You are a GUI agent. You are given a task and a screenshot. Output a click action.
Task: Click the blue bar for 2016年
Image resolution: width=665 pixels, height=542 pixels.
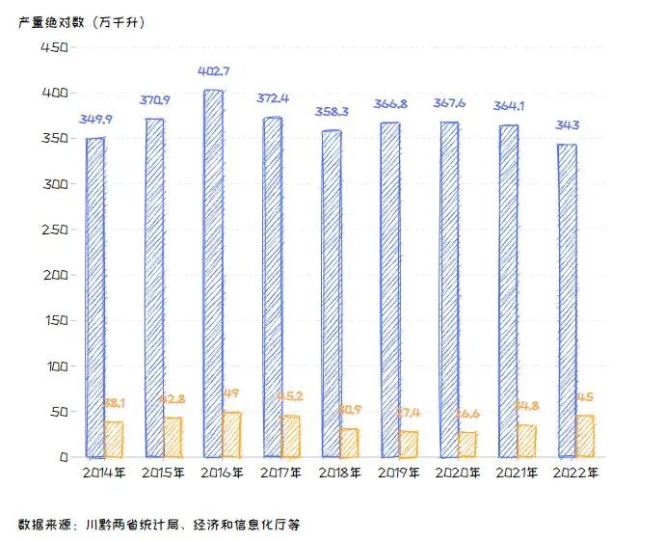(213, 273)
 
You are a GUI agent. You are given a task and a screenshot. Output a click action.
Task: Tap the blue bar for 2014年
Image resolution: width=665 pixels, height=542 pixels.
(95, 297)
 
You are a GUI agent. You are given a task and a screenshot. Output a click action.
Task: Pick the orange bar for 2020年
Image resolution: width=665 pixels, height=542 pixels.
(467, 444)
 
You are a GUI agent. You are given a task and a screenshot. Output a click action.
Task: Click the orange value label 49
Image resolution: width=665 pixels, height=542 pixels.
(231, 393)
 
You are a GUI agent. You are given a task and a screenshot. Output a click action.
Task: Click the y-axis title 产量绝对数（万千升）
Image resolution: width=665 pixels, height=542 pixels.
(80, 21)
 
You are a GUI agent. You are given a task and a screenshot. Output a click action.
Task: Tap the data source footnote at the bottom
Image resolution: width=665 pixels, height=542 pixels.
(159, 525)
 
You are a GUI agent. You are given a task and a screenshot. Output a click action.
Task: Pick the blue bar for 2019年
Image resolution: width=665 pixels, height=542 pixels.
(389, 289)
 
